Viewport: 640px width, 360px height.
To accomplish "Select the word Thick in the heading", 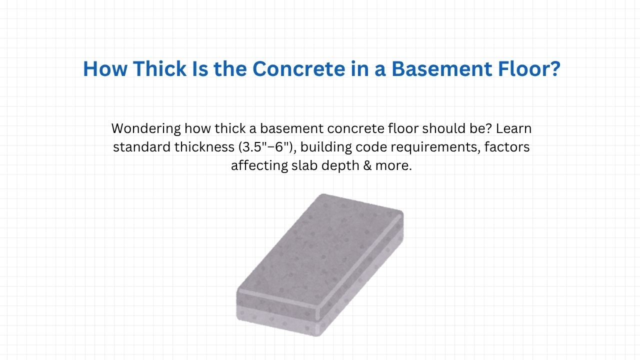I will pyautogui.click(x=154, y=69).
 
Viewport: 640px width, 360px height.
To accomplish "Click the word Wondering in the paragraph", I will pyautogui.click(x=145, y=128).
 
